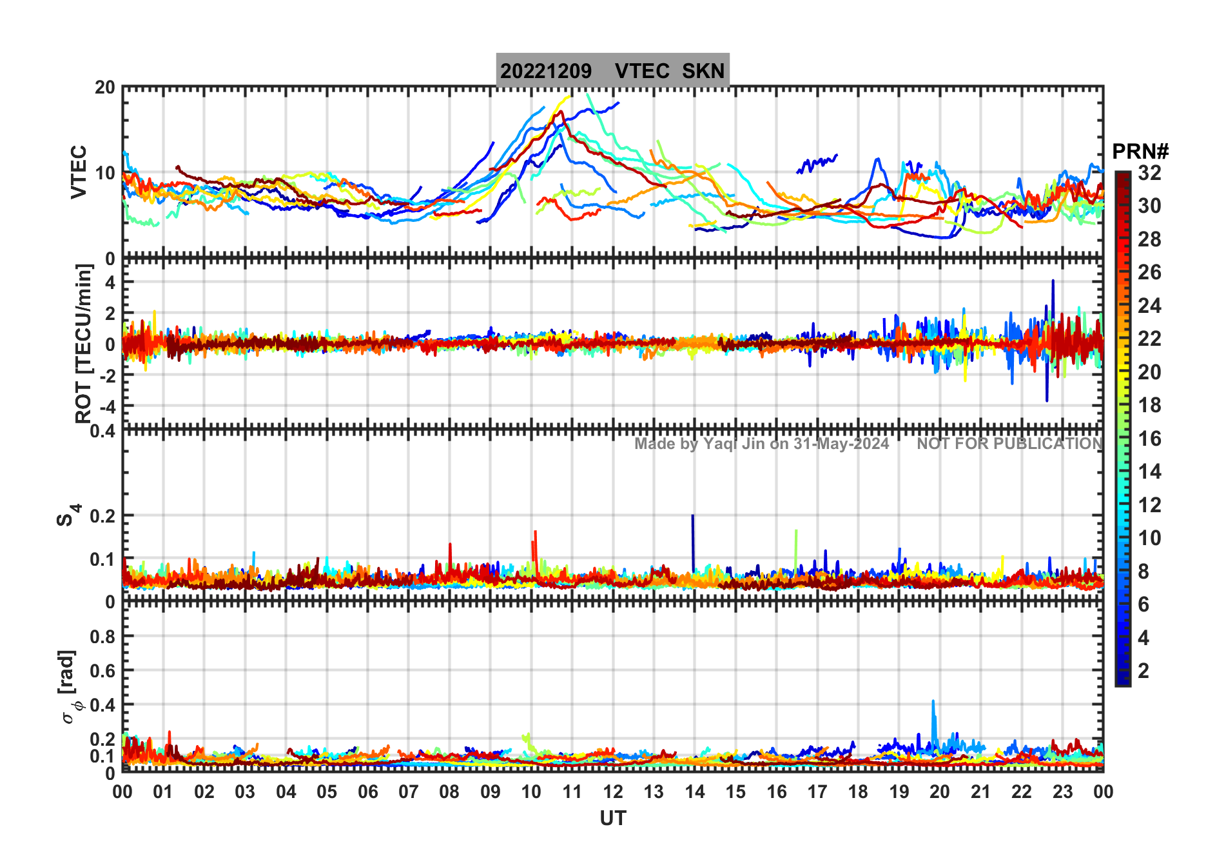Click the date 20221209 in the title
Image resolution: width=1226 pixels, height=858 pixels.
click(545, 71)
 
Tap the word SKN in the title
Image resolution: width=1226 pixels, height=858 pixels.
click(703, 71)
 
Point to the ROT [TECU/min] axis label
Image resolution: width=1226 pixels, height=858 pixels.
click(83, 343)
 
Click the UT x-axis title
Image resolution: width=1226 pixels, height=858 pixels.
click(612, 818)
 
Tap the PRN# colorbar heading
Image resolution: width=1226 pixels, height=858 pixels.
click(1140, 152)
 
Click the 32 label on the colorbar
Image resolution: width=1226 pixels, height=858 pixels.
click(1149, 173)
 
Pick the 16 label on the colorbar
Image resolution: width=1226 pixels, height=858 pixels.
click(1149, 439)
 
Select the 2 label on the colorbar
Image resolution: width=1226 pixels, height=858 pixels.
click(1143, 671)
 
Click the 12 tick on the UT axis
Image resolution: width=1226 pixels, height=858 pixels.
click(613, 792)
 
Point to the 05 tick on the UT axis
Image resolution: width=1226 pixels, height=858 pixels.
click(327, 792)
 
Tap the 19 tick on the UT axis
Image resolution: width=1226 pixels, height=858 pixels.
click(899, 792)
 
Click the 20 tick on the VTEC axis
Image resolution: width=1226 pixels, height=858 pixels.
click(105, 88)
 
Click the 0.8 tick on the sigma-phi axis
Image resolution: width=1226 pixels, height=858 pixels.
click(102, 636)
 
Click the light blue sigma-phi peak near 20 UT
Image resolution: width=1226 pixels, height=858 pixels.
click(933, 703)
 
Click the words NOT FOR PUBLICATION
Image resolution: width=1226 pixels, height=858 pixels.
click(1009, 444)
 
